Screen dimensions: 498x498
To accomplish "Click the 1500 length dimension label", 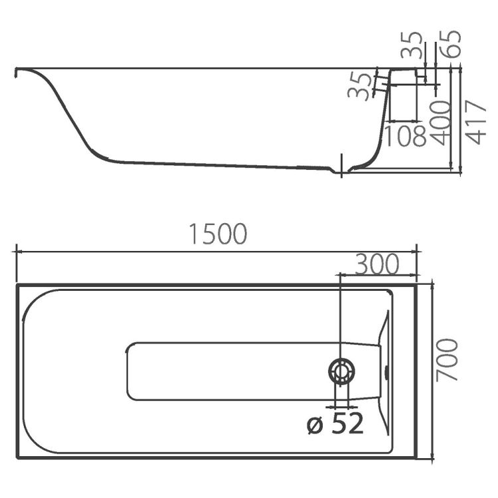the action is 218,234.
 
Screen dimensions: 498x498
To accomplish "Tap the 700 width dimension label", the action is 447,360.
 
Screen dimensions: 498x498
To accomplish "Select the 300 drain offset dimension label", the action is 376,264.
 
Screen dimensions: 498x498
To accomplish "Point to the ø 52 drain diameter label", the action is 335,424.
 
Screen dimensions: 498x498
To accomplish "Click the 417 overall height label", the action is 476,123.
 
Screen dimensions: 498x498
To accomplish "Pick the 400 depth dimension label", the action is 440,123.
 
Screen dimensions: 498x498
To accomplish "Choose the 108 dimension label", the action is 405,135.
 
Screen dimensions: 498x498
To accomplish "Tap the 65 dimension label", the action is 450,44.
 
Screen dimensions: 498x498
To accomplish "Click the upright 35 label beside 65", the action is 412,44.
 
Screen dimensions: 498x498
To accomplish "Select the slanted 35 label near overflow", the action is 359,86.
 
